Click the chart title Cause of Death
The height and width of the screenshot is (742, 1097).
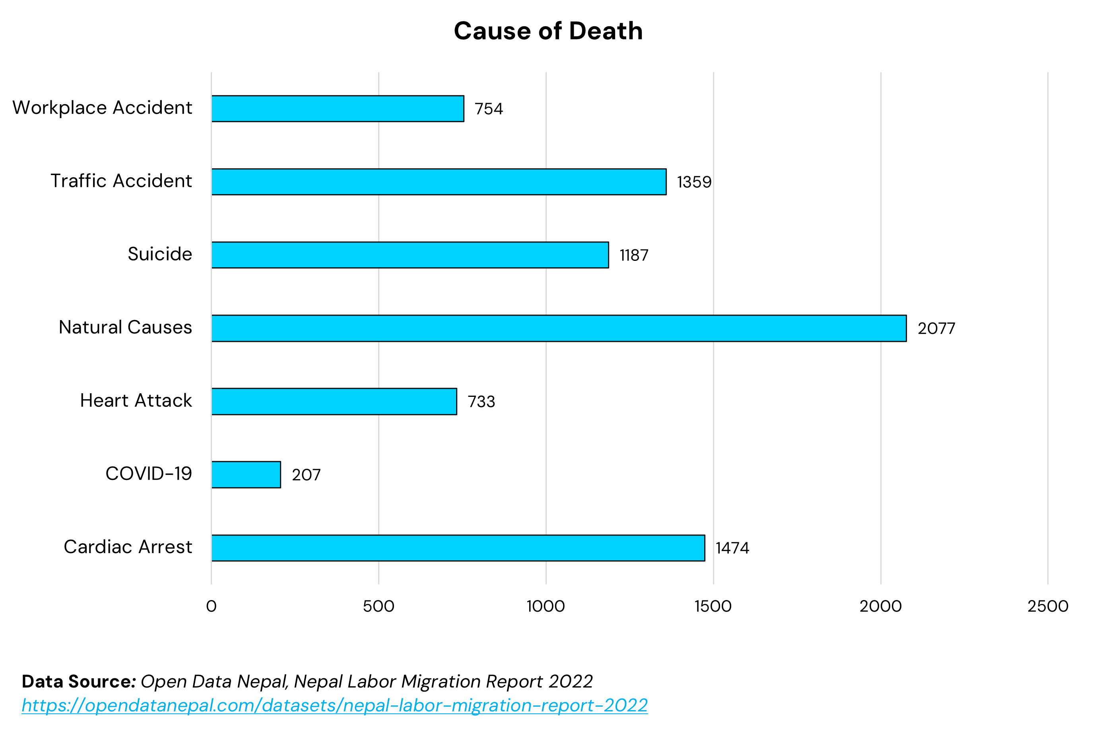548,31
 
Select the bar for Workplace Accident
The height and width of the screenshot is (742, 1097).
338,109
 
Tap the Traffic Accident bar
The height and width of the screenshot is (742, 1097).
439,182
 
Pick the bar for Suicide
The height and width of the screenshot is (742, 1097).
410,255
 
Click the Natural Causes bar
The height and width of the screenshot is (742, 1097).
559,328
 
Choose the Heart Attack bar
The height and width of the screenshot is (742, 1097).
334,401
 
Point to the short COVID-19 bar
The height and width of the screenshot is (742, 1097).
246,474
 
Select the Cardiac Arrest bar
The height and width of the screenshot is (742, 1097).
458,548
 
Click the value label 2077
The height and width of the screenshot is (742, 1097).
936,328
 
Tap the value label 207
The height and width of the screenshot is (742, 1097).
306,475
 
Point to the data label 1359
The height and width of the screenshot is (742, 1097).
694,182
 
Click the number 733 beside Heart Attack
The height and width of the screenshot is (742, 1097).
481,402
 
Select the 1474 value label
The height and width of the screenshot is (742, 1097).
732,548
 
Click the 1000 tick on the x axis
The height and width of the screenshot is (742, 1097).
546,606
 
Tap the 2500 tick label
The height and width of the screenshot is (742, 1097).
1047,606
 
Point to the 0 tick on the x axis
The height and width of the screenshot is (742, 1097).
211,606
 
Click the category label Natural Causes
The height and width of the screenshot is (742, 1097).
125,327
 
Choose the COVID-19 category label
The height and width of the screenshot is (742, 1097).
148,474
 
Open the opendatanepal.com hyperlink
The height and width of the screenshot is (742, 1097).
334,705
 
